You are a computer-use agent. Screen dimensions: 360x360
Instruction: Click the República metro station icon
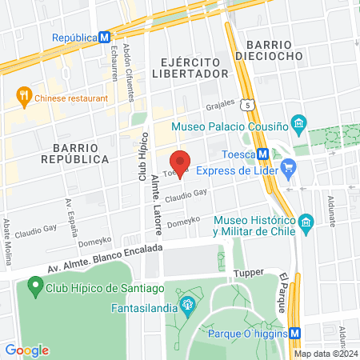coord(103,38)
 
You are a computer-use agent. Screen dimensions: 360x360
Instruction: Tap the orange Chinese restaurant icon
coord(23,98)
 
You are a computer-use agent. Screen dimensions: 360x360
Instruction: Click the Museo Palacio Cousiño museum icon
coord(298,123)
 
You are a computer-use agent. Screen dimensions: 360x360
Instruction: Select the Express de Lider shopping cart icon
coord(289,170)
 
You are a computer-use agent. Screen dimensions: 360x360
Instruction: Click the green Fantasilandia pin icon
coord(187,304)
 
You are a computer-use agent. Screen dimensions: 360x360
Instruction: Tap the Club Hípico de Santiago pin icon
coord(34,284)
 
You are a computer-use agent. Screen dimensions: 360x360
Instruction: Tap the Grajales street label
coord(220,104)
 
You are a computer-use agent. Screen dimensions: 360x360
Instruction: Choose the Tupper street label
coord(248,273)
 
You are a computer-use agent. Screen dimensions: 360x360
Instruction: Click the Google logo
coord(26,350)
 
